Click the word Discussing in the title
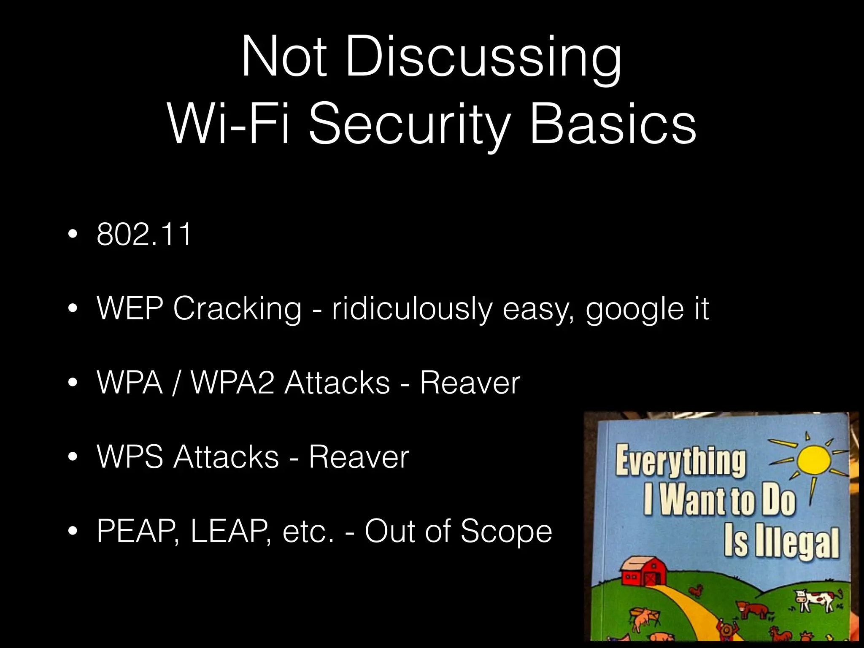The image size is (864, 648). [x=484, y=57]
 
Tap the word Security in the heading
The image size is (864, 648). [x=408, y=125]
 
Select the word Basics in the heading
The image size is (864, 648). [x=613, y=125]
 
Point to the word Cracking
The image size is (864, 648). [x=237, y=309]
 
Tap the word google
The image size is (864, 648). [x=634, y=310]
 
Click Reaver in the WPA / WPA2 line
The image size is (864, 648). [x=470, y=383]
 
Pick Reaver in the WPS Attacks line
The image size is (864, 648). [x=359, y=457]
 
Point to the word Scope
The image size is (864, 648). [x=506, y=531]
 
